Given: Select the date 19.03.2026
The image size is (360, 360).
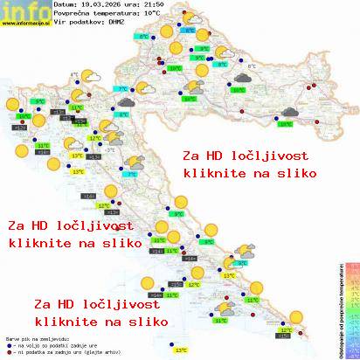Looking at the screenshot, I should pyautogui.click(x=94, y=6).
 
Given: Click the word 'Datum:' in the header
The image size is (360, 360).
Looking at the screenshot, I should pyautogui.click(x=65, y=6).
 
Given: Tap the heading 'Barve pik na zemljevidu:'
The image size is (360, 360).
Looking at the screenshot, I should pyautogui.click(x=36, y=336).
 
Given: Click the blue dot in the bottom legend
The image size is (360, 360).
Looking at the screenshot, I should pyautogui.click(x=8, y=342).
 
